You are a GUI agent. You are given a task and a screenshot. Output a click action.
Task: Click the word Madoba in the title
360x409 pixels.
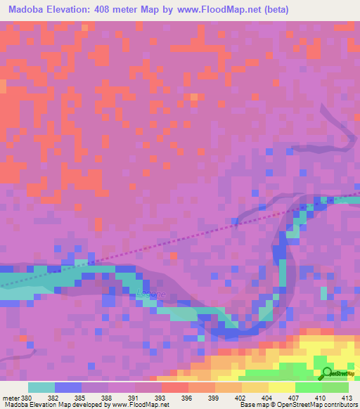point(30,10)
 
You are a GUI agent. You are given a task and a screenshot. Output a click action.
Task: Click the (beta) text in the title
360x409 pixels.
point(274,10)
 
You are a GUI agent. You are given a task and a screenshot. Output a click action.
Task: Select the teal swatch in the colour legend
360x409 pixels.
point(41,387)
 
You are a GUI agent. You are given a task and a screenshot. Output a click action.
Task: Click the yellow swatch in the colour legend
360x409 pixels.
point(281,387)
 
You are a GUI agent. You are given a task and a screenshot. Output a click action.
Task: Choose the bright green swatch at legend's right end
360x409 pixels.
point(335,387)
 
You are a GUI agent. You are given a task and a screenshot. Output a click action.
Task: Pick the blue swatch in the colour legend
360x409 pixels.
point(67,387)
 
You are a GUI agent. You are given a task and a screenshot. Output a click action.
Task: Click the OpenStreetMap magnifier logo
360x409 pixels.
point(328,373)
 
